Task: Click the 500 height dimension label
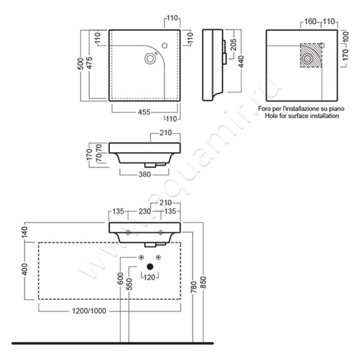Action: (x=80, y=64)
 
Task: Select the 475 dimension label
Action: (x=89, y=63)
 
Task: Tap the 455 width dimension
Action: (x=144, y=112)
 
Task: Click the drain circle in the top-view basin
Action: (x=150, y=58)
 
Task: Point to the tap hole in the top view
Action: (x=165, y=45)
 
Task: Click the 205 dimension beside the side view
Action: (x=233, y=45)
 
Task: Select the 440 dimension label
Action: (x=241, y=62)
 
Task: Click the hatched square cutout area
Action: (x=311, y=56)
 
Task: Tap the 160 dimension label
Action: (x=310, y=22)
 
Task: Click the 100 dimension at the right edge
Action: (x=346, y=37)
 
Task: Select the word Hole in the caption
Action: (x=271, y=116)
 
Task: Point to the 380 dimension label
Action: (x=145, y=174)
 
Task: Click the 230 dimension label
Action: (x=145, y=211)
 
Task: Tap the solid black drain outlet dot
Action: (x=150, y=266)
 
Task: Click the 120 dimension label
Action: (x=149, y=277)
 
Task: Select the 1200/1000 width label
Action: (x=89, y=311)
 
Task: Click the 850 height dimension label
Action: (x=204, y=282)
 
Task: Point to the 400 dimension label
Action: (x=24, y=269)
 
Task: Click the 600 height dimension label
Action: (x=120, y=279)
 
